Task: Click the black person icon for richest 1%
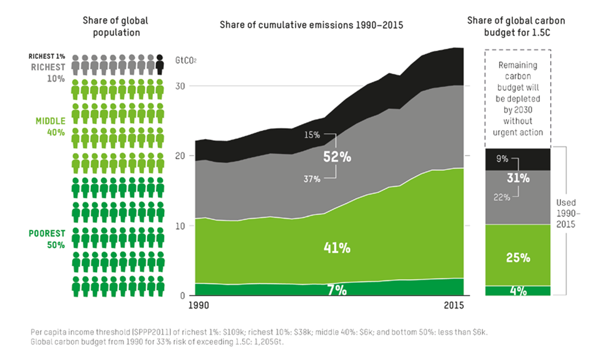(x=160, y=64)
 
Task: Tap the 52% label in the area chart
(x=337, y=157)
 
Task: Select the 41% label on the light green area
(x=337, y=247)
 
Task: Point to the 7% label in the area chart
(x=337, y=289)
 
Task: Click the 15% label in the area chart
(x=312, y=135)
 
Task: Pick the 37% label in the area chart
(x=312, y=179)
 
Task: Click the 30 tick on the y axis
(x=182, y=86)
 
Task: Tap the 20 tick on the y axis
(x=182, y=156)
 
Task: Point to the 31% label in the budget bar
(x=518, y=178)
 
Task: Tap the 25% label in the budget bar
(x=518, y=257)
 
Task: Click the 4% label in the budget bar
(x=518, y=291)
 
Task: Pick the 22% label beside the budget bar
(x=500, y=197)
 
